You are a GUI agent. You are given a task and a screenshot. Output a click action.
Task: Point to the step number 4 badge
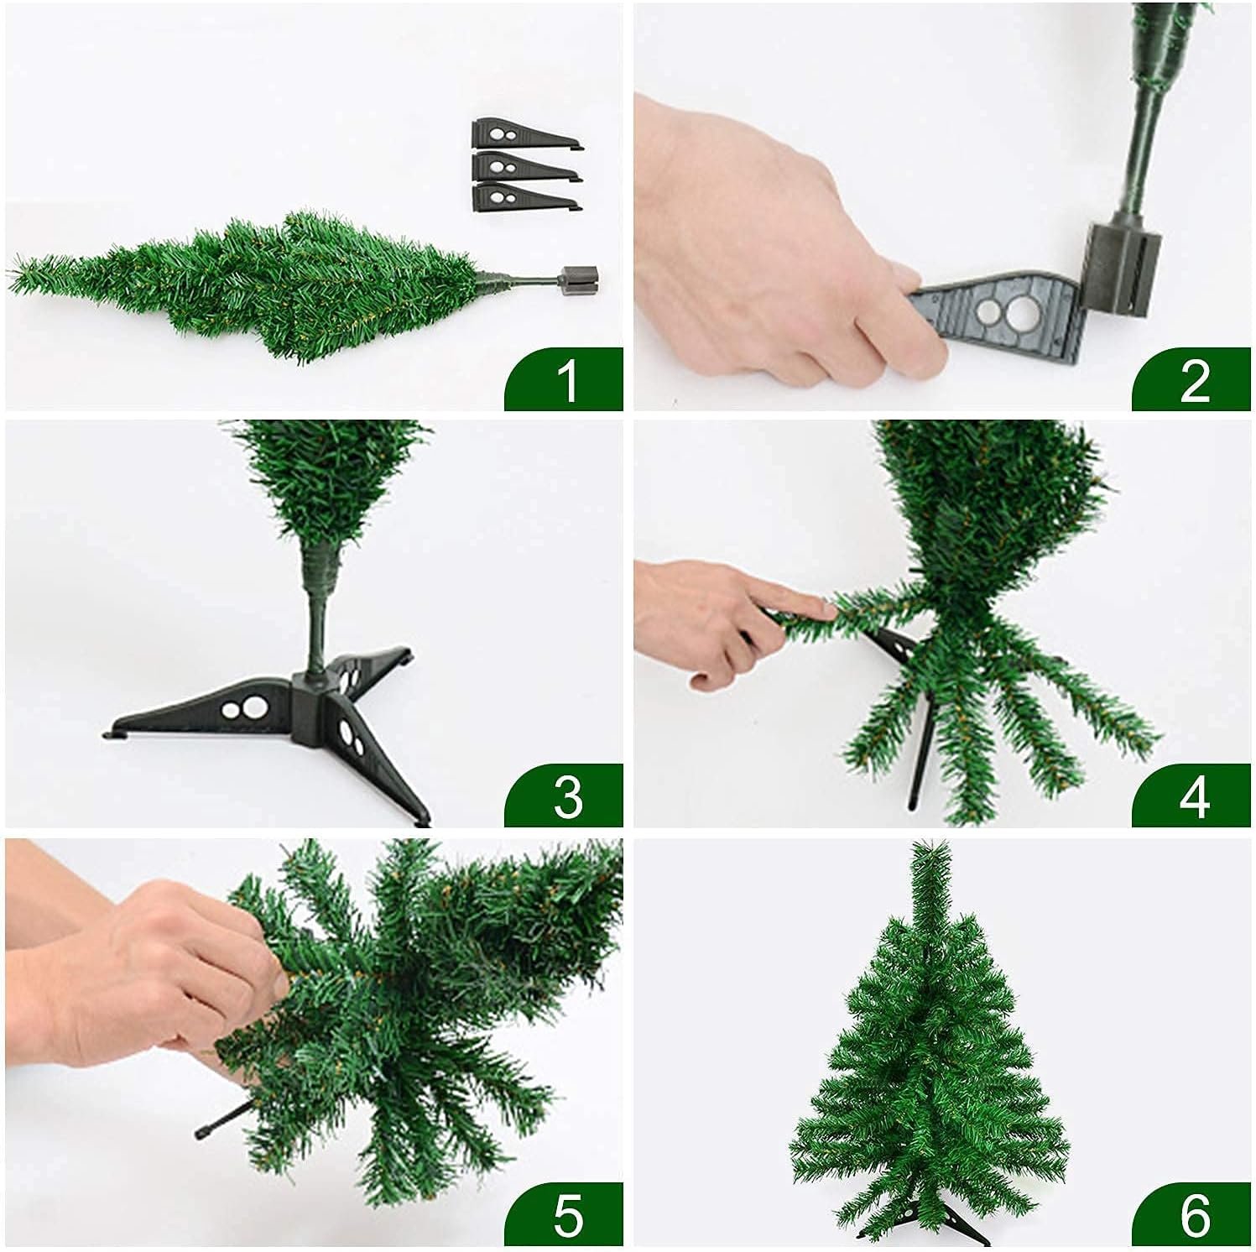pos(1192,795)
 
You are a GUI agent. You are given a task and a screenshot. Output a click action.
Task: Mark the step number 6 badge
pos(1192,1213)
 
